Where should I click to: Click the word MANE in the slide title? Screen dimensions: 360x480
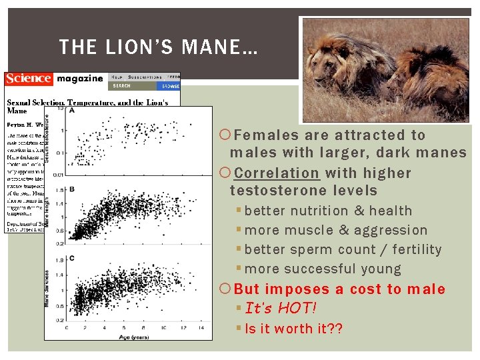point(214,47)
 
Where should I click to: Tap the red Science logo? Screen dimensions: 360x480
point(28,79)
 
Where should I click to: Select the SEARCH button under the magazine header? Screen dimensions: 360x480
point(122,86)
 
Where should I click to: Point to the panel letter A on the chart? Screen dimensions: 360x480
point(71,111)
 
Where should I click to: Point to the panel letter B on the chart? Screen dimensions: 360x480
point(71,189)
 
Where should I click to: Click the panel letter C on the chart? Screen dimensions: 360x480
point(71,258)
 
